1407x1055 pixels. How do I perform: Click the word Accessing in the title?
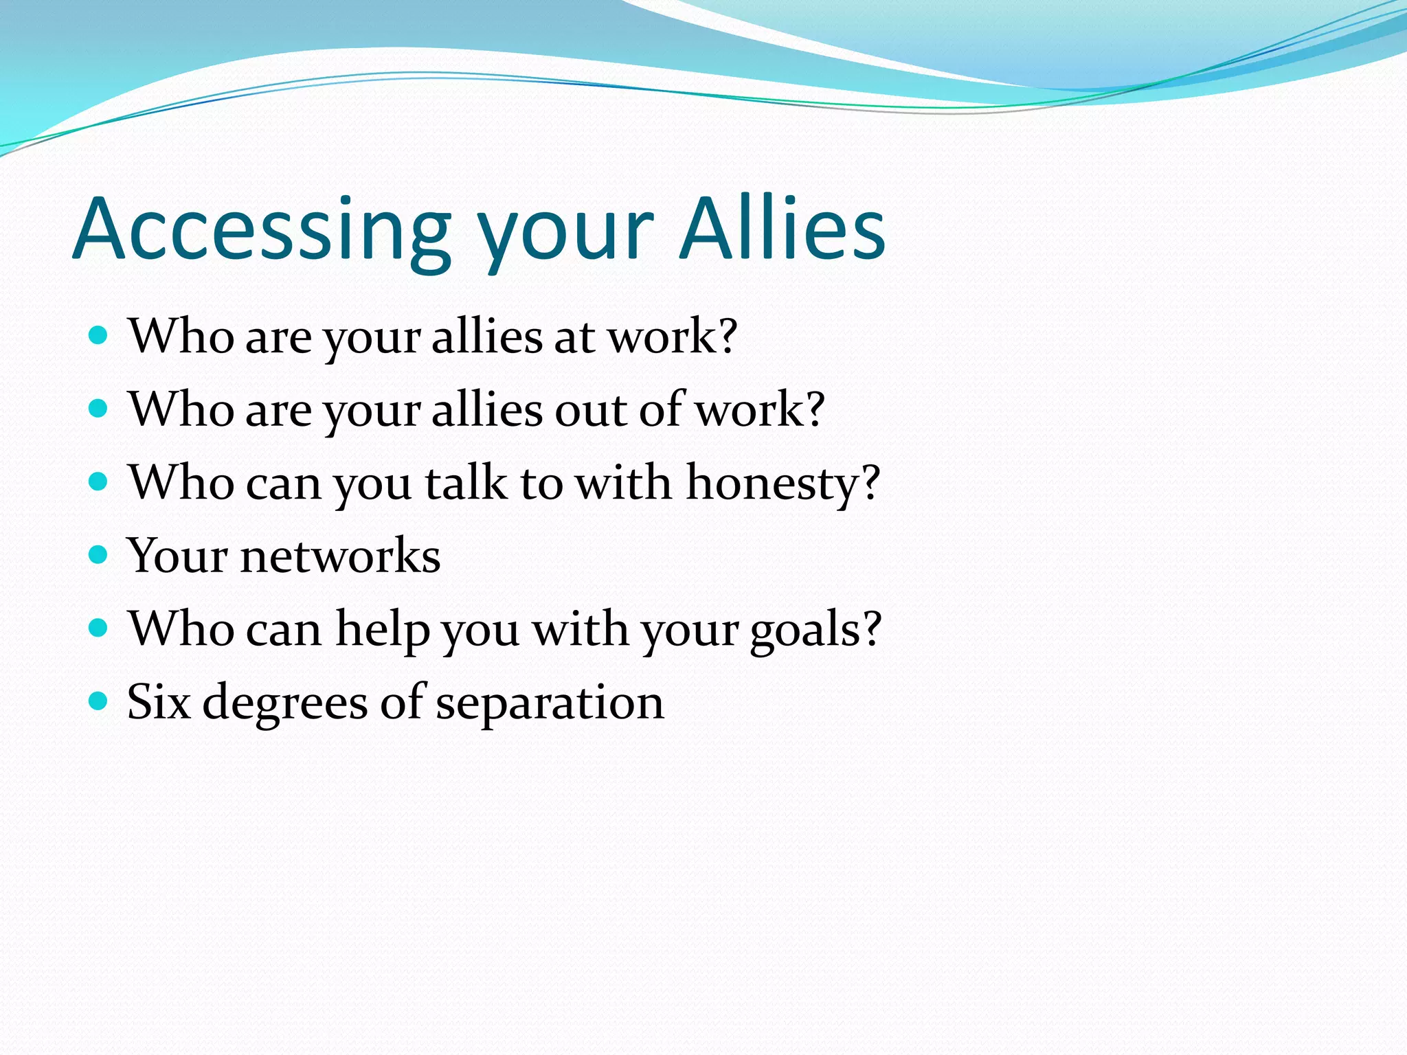[x=261, y=230]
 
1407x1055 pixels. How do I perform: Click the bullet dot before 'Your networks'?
[x=99, y=554]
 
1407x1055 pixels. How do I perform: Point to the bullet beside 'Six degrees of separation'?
[x=99, y=701]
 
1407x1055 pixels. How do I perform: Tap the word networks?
[x=340, y=555]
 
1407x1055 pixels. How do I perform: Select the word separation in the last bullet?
[x=550, y=703]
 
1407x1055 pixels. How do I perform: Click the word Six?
[x=159, y=702]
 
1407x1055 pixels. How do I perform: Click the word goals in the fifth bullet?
[x=804, y=631]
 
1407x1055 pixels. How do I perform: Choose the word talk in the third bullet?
[x=466, y=482]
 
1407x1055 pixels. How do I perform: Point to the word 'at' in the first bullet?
[x=574, y=337]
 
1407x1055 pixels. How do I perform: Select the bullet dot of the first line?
[x=99, y=335]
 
